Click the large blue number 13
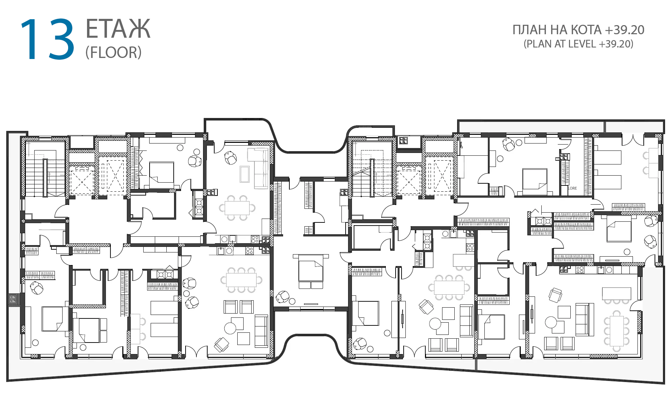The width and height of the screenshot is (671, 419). pos(48,39)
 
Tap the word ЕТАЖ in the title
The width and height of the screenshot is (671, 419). pos(118,29)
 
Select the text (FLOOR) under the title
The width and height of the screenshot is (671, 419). pos(114,52)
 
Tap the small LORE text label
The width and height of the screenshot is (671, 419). pos(572,188)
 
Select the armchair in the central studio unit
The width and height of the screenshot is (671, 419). pos(283,297)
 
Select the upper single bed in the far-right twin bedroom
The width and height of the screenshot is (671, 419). pos(608,157)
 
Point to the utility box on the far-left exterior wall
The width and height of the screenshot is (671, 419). pos(13,299)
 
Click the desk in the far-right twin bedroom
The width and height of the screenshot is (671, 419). pos(653,163)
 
